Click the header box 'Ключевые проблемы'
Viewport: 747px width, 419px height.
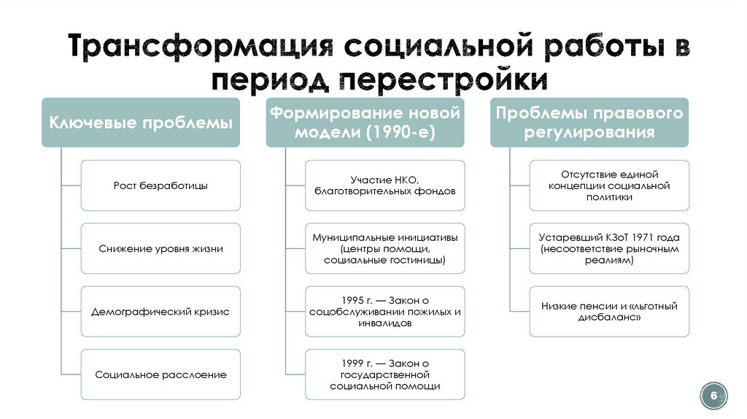point(141,123)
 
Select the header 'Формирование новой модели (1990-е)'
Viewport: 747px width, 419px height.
point(365,123)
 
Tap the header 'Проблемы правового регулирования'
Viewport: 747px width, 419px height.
point(589,123)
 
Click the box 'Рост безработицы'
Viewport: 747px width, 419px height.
point(160,185)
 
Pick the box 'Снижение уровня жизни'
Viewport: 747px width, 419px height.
point(160,248)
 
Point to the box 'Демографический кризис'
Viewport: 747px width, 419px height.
point(160,312)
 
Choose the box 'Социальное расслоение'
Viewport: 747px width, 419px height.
point(160,374)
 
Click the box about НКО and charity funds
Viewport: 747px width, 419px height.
point(385,185)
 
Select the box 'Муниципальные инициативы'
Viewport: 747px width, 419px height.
point(385,248)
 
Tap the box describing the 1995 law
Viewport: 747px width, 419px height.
point(385,312)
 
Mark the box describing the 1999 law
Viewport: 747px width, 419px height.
point(385,374)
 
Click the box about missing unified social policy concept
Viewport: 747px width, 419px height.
point(609,185)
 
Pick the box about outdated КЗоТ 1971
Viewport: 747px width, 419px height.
point(609,248)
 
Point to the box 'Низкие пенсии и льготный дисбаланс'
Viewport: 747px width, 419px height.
point(609,312)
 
